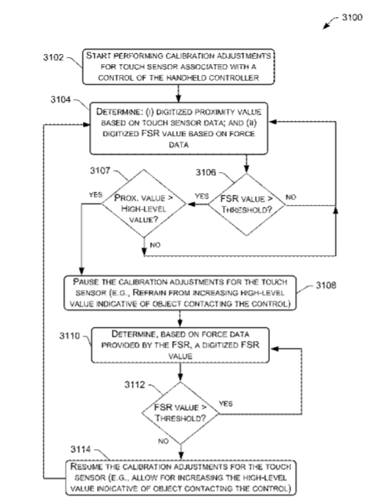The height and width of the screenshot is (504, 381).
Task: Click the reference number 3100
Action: pyautogui.click(x=352, y=17)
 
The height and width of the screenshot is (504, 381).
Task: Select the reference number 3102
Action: pyautogui.click(x=54, y=57)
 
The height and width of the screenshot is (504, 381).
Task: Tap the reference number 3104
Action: pyautogui.click(x=60, y=99)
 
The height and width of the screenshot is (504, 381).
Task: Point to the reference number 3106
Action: pyautogui.click(x=206, y=173)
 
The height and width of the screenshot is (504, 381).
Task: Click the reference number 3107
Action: pyautogui.click(x=100, y=171)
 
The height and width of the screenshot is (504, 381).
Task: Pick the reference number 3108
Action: pyautogui.click(x=326, y=286)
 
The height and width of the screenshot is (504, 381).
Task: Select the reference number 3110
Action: pyautogui.click(x=70, y=336)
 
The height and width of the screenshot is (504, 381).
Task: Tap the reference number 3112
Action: pyautogui.click(x=135, y=384)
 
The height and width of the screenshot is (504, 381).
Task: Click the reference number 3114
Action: pyautogui.click(x=81, y=449)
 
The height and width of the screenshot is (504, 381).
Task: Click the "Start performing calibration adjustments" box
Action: pyautogui.click(x=178, y=67)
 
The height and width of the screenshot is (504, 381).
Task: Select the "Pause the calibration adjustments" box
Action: pyautogui.click(x=180, y=293)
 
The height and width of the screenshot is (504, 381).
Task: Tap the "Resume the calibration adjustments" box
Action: pyautogui.click(x=181, y=477)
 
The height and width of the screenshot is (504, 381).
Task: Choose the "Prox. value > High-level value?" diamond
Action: pyautogui.click(x=144, y=203)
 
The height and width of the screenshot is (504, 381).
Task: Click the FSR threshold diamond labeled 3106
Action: pyautogui.click(x=246, y=204)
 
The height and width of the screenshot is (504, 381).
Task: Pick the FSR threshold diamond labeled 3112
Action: pyautogui.click(x=180, y=413)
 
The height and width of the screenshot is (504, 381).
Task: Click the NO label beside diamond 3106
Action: pyautogui.click(x=291, y=197)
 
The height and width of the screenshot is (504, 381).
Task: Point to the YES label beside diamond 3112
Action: pyautogui.click(x=226, y=404)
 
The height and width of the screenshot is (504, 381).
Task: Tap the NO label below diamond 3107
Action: pyautogui.click(x=155, y=245)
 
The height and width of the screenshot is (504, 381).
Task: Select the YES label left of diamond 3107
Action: pyautogui.click(x=95, y=195)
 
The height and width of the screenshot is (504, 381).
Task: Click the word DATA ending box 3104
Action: pyautogui.click(x=178, y=145)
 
